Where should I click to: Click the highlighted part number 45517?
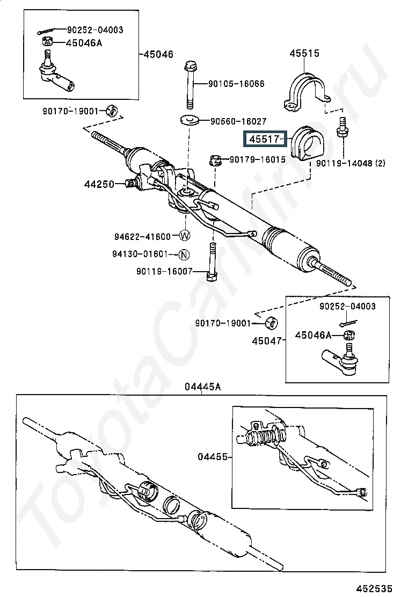point(264,140)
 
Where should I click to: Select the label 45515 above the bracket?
point(304,53)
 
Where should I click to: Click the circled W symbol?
point(185,236)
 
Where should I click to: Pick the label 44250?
point(99,184)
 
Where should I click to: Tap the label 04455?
point(212,457)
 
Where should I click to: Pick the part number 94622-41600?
point(142,236)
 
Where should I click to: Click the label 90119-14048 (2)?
point(351,163)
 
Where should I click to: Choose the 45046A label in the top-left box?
point(84,43)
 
